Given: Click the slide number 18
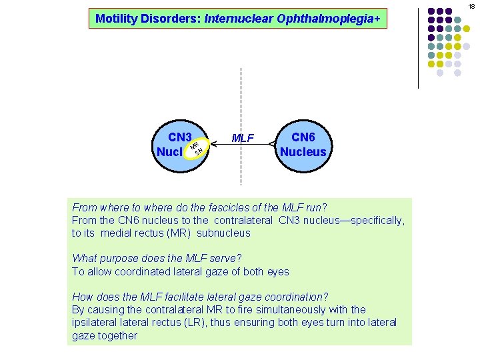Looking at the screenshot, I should point(471,6).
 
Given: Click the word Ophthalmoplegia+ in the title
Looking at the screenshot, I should point(330,19).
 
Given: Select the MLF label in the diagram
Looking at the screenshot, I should point(243,139).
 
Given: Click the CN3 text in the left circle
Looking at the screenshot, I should point(180,137).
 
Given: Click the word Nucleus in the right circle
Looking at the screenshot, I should point(303,152).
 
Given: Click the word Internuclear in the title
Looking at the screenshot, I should point(235,19).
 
